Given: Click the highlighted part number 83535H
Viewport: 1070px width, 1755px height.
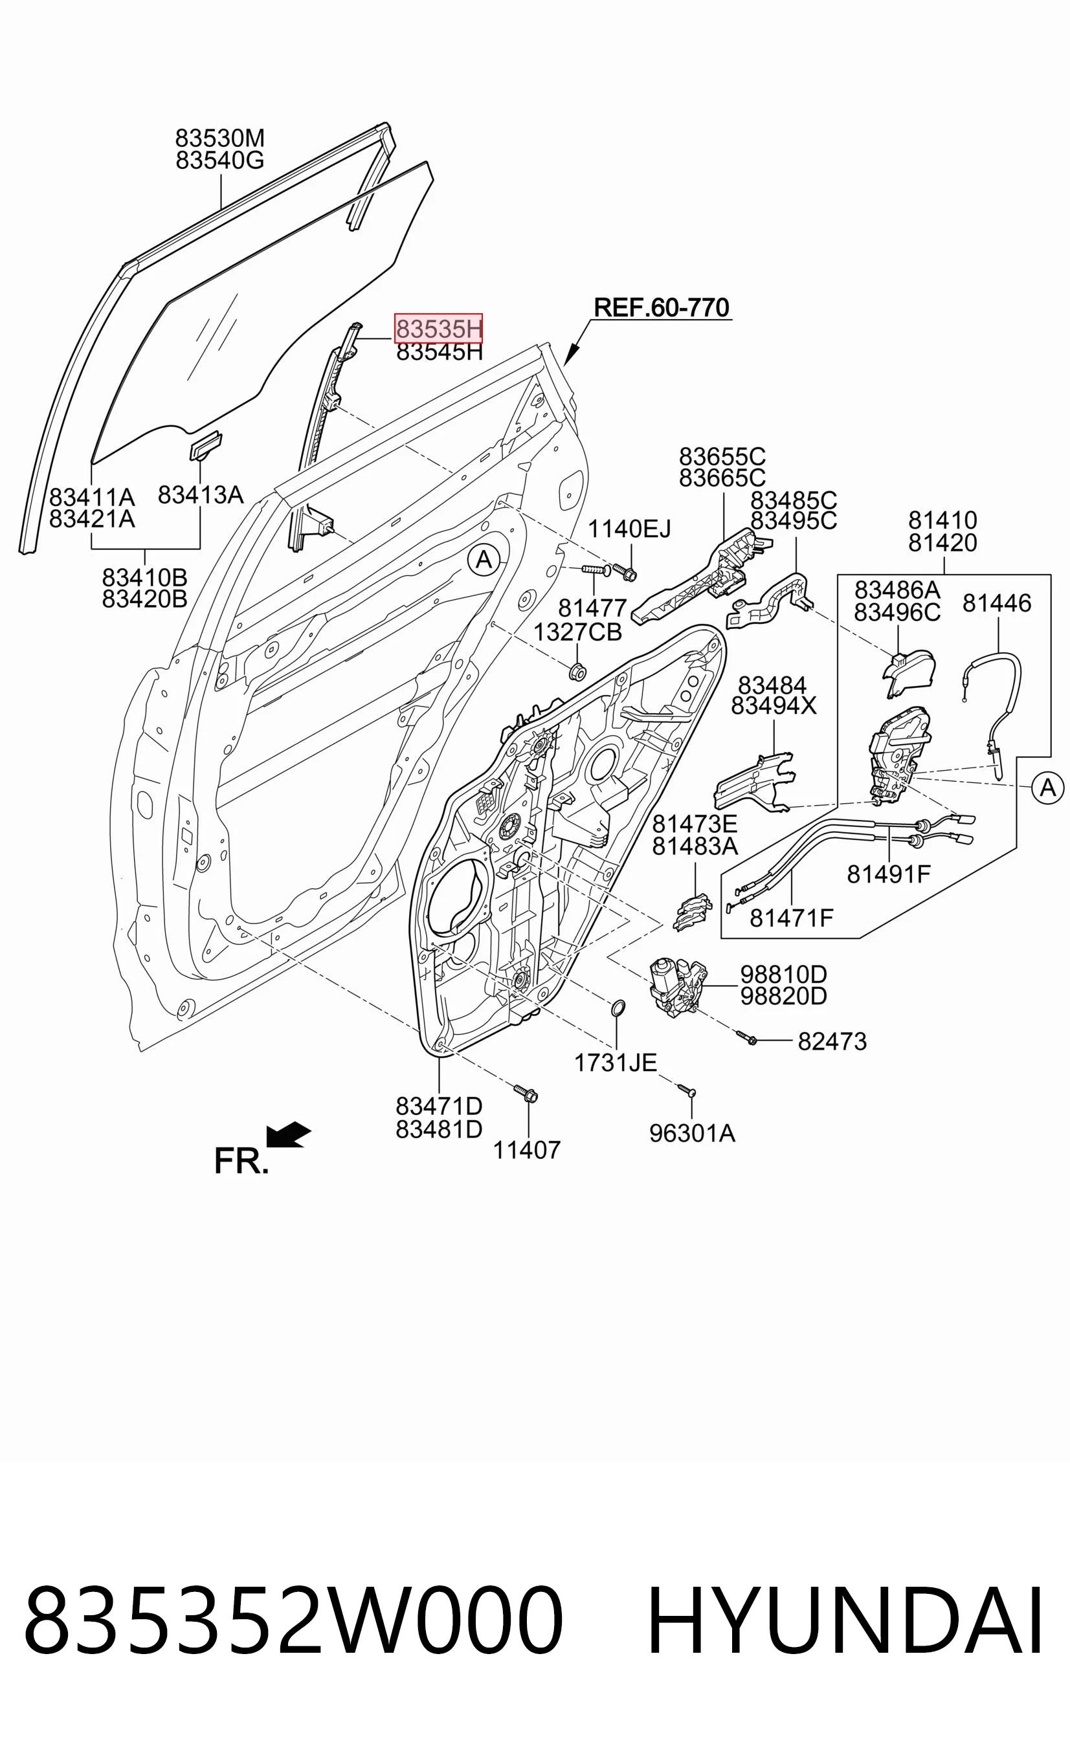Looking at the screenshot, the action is pos(439,328).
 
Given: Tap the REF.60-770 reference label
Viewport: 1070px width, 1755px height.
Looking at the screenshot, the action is pos(661,307).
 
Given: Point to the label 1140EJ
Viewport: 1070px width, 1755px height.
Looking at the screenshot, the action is pos(629,529).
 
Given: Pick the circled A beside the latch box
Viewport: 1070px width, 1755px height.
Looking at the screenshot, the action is pos(1047,788).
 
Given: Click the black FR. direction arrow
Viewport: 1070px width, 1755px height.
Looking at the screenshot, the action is pos(288,1134).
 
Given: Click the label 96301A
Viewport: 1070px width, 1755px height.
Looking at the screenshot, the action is pos(692,1132).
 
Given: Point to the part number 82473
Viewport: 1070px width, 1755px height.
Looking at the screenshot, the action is pos(832,1041).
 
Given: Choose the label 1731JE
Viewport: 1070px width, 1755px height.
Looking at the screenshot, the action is pos(616,1062).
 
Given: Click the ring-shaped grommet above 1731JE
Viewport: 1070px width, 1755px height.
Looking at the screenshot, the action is pos(618,1007).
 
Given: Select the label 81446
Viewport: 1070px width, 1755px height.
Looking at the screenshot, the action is pos(997,602).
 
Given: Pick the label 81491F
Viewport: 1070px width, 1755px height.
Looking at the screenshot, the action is pos(888,873).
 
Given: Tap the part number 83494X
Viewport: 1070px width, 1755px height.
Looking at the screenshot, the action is pos(774,705).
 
